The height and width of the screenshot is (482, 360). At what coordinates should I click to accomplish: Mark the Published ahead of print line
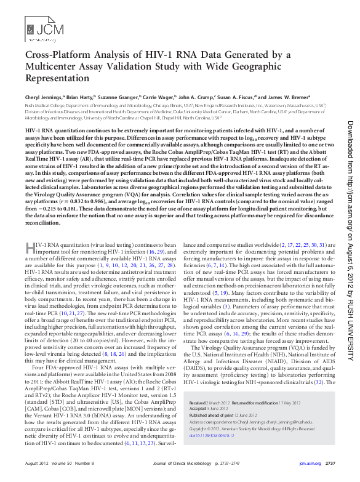[223, 414]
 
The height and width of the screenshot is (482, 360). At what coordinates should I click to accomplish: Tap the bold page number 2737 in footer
[330, 462]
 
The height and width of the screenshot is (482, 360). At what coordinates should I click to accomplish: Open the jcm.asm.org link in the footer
[309, 462]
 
